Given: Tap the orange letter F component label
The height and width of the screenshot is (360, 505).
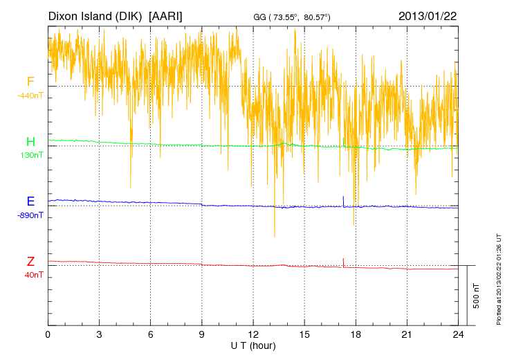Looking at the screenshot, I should click(x=30, y=82).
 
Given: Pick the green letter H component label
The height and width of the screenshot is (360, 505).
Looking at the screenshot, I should click(x=30, y=142).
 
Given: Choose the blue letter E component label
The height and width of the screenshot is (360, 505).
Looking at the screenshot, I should click(x=30, y=201).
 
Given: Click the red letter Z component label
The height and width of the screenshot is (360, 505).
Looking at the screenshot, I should click(x=30, y=261).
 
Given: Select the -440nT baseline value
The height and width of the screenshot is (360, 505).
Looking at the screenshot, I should click(x=30, y=96).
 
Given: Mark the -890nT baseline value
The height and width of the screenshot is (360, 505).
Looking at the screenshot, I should click(x=30, y=215).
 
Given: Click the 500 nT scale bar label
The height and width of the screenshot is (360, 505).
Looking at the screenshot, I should click(x=477, y=295).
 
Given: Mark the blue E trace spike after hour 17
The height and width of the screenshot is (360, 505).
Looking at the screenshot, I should click(x=344, y=200).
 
